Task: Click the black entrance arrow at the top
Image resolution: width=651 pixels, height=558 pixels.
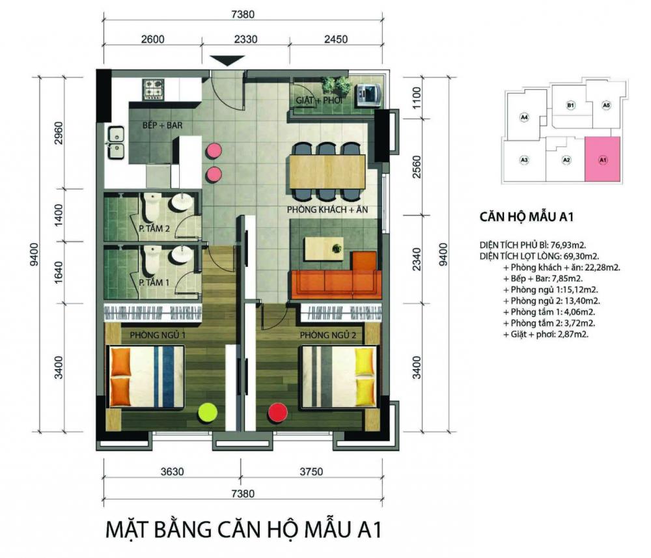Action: click(x=227, y=60)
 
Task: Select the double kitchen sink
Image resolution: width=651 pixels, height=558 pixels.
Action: click(x=116, y=143)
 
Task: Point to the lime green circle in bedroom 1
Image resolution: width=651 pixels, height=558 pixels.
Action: click(x=208, y=413)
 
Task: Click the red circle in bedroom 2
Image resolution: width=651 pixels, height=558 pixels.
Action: click(x=278, y=413)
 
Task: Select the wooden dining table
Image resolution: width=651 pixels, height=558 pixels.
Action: click(x=328, y=171)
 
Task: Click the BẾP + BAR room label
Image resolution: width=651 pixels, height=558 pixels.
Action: click(x=162, y=126)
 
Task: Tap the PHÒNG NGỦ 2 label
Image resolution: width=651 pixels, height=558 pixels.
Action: click(x=328, y=335)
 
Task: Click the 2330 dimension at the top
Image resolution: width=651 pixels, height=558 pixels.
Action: click(x=246, y=40)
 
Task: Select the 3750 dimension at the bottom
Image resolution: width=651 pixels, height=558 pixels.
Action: click(x=311, y=471)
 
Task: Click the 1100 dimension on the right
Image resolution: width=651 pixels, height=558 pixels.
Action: click(x=417, y=98)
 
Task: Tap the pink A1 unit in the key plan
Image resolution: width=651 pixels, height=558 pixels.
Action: click(x=603, y=160)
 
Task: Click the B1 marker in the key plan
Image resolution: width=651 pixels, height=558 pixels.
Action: click(x=570, y=105)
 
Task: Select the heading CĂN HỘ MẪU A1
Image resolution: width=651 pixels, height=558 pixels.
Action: click(x=527, y=217)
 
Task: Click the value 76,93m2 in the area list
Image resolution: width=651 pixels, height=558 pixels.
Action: click(x=568, y=245)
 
